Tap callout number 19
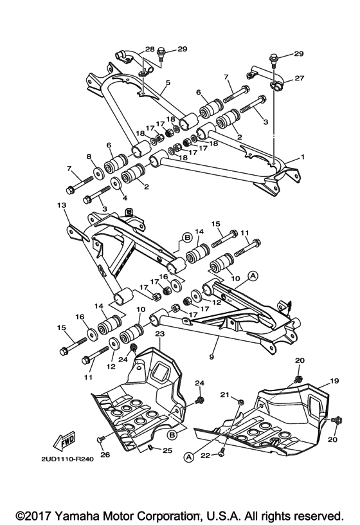(x=334, y=382)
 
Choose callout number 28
(x=150, y=50)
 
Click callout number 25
(x=167, y=450)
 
